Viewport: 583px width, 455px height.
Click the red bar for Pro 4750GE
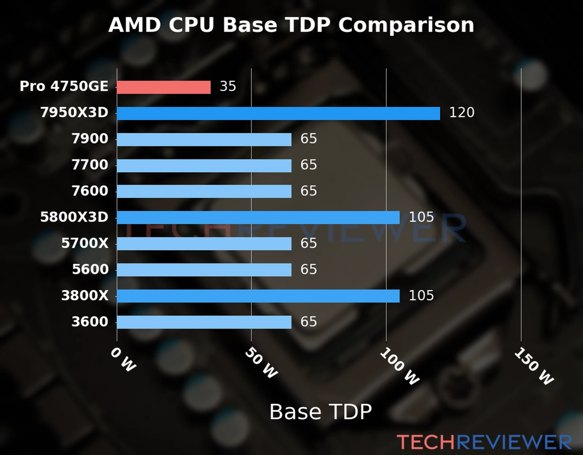[x=164, y=87]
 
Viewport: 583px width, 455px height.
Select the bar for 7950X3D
[x=278, y=113]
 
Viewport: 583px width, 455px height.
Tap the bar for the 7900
[x=204, y=140]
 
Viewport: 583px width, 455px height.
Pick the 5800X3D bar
[x=258, y=218]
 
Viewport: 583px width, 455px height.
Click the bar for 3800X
[x=258, y=296]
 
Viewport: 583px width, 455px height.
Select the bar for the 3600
[x=204, y=322]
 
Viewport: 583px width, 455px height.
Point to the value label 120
[x=462, y=113]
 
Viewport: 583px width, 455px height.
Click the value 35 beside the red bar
[x=228, y=86]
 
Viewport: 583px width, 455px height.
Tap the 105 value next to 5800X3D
[x=421, y=217]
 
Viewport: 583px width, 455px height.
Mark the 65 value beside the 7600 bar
[x=309, y=191]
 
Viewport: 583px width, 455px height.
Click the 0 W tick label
[x=123, y=360]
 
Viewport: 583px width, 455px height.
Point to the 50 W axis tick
[x=261, y=363]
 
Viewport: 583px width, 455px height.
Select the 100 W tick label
[x=400, y=367]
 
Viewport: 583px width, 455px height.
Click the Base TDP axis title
[x=320, y=412]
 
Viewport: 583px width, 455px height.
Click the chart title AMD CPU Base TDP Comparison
[x=291, y=25]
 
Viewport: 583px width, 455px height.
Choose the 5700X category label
[x=85, y=243]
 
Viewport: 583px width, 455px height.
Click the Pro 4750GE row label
[x=64, y=86]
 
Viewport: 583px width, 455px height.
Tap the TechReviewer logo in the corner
[x=484, y=442]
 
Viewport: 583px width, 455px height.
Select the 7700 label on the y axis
[x=90, y=165]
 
